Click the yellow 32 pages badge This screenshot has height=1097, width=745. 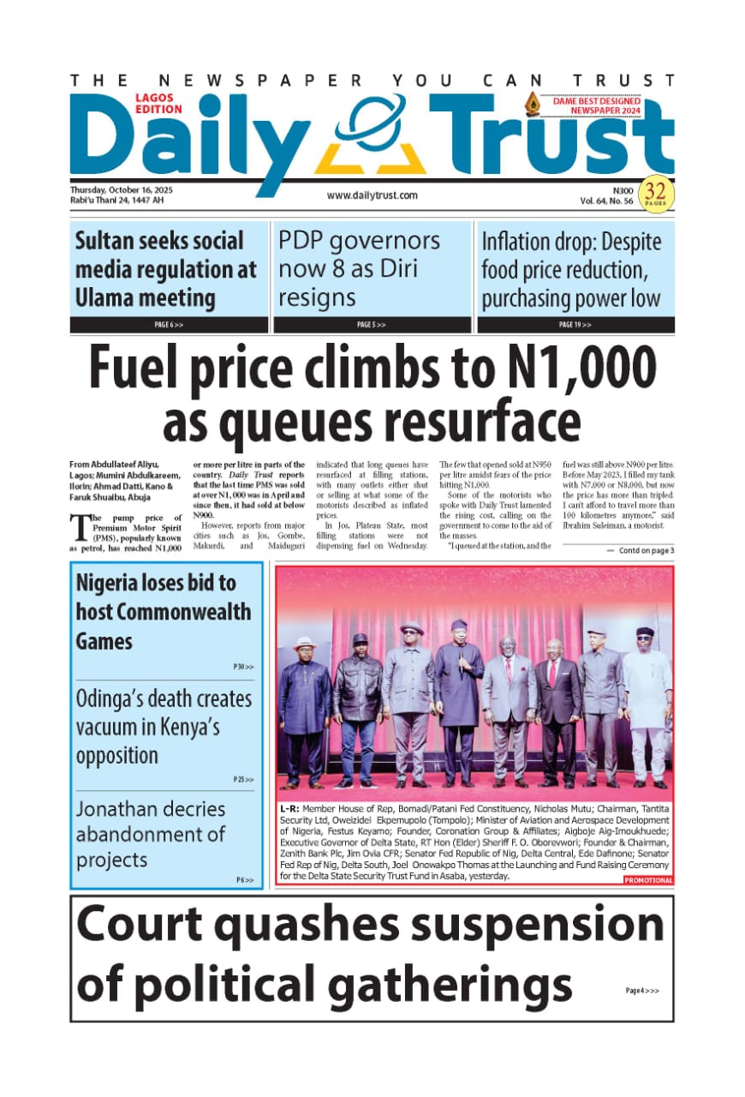[x=657, y=193]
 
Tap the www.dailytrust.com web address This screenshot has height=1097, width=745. [x=372, y=195]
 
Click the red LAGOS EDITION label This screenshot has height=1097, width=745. [x=158, y=104]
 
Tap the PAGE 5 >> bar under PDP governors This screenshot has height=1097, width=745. [x=372, y=326]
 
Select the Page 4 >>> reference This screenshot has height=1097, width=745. [x=642, y=991]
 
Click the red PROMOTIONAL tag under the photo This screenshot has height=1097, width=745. [x=648, y=880]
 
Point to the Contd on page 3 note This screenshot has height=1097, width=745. [x=640, y=550]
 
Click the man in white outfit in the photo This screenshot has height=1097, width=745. [x=648, y=703]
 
